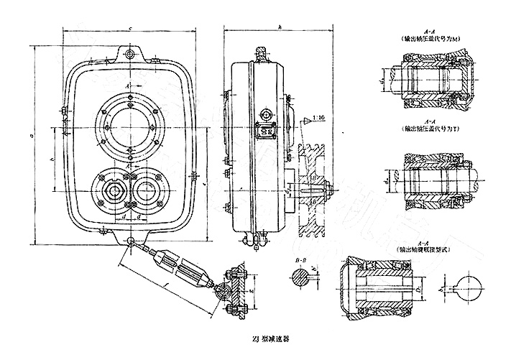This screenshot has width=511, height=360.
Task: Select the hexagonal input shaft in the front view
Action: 112,190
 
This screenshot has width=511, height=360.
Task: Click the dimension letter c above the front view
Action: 129,28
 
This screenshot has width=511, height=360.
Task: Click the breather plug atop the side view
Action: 258,52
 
